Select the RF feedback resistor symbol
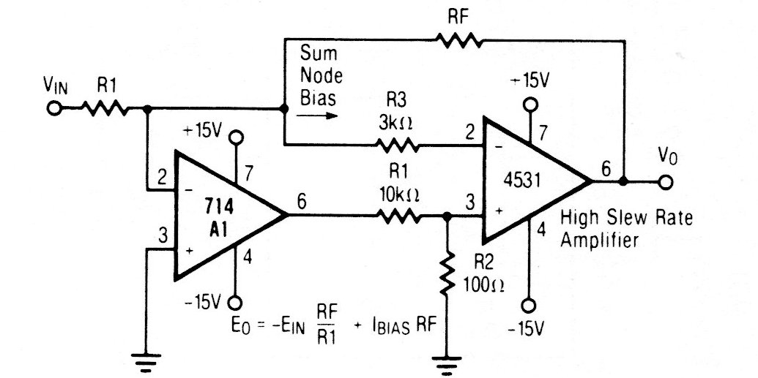coord(459,42)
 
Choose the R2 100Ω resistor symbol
coord(445,271)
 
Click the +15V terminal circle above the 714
coord(236,137)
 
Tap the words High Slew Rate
coord(626,218)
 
